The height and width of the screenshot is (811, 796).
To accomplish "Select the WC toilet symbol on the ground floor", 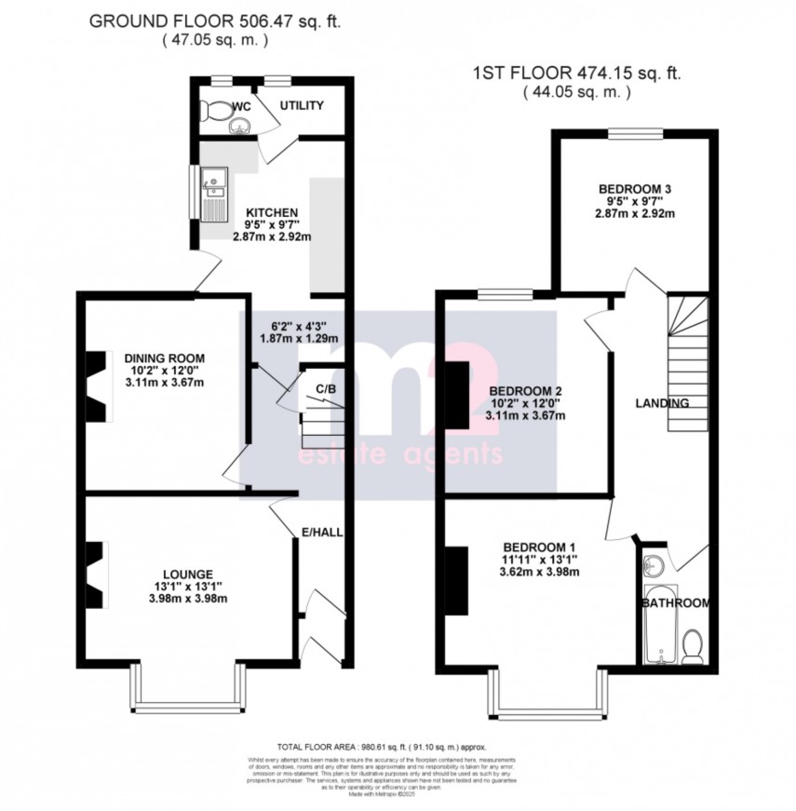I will pos(217,111).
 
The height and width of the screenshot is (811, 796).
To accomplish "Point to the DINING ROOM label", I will pos(164,357).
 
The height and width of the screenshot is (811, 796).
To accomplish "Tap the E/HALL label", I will pos(317,533).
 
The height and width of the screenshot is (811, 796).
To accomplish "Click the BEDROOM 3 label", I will pos(635,189).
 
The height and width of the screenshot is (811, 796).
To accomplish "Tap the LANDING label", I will pos(661,403).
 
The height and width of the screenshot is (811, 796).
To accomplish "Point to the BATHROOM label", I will pos(674,603).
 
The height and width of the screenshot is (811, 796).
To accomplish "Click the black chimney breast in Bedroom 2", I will pos(457,394).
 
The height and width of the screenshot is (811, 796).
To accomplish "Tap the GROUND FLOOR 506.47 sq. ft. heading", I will pos(215,21).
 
